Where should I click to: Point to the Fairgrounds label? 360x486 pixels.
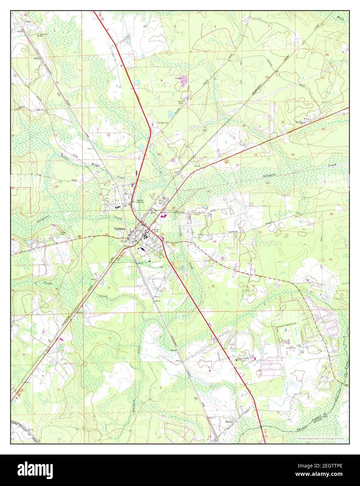[x=163, y=123]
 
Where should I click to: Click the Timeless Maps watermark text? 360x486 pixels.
[x=321, y=438]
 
